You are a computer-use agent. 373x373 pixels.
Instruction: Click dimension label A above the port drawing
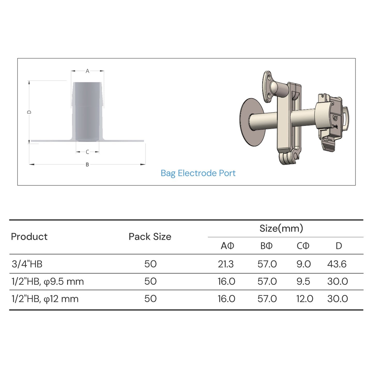point(87,71)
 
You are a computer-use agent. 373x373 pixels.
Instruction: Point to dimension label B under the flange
point(87,164)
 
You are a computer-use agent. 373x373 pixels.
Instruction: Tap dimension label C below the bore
point(87,152)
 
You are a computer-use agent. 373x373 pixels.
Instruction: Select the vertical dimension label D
point(29,112)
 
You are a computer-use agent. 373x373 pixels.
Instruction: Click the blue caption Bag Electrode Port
point(198,173)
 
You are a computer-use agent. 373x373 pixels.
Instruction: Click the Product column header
point(29,236)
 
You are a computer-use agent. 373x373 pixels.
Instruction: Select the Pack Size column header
point(150,236)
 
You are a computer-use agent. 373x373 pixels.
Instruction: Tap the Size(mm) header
point(281,228)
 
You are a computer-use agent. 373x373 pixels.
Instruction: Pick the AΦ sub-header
point(227,246)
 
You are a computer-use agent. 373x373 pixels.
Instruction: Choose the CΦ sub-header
point(303,246)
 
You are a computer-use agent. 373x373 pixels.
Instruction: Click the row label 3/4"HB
point(27,264)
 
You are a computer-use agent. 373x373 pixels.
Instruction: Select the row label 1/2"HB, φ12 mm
point(45,299)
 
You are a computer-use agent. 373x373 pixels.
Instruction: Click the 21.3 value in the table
point(226,264)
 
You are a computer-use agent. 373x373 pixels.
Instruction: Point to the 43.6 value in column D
point(337,264)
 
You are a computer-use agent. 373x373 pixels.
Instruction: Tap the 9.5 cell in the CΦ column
point(303,281)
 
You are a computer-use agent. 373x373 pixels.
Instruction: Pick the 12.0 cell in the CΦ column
point(305,299)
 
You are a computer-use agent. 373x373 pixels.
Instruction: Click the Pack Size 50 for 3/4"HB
point(150,264)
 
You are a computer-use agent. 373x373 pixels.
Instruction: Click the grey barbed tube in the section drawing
point(88,111)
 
